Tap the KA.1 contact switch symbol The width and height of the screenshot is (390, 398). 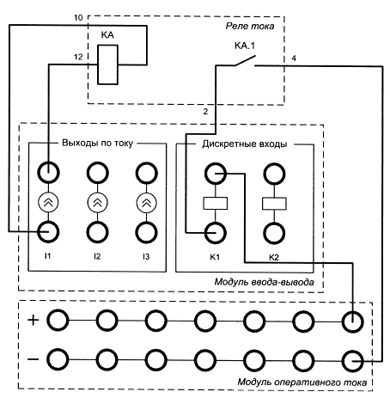click(x=245, y=61)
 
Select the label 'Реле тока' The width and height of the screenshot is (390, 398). click(x=250, y=26)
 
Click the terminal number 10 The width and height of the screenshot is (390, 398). click(x=78, y=18)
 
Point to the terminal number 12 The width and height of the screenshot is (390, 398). click(x=78, y=57)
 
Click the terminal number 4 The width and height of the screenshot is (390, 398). click(x=294, y=58)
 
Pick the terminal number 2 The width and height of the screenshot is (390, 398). click(x=205, y=112)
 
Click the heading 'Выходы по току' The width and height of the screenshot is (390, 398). click(x=97, y=143)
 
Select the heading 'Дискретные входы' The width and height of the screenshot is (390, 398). click(x=245, y=144)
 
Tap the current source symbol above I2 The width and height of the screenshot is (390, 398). click(x=97, y=203)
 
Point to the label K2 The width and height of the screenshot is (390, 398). click(x=274, y=257)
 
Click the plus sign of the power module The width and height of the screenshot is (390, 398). click(x=33, y=320)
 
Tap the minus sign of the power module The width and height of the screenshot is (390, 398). click(x=33, y=359)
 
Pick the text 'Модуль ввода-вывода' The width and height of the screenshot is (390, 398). click(x=264, y=282)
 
